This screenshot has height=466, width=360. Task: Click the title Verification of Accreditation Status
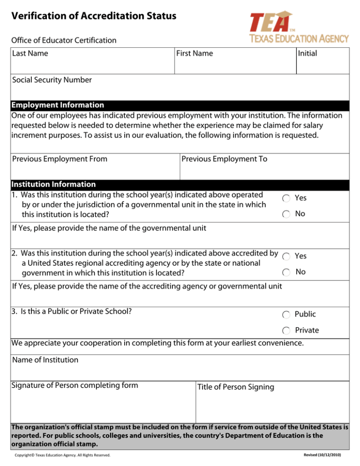pyautogui.click(x=94, y=16)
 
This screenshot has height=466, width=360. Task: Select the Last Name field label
pyautogui.click(x=30, y=53)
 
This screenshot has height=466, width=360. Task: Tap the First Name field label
pyautogui.click(x=195, y=53)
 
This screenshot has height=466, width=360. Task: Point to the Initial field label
pyautogui.click(x=307, y=53)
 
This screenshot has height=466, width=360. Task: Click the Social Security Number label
pyautogui.click(x=52, y=80)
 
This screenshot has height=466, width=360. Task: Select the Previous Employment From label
pyautogui.click(x=60, y=159)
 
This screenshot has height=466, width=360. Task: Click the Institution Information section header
pyautogui.click(x=54, y=184)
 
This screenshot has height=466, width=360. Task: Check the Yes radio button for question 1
pyautogui.click(x=286, y=199)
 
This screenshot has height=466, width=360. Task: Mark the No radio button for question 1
pyautogui.click(x=286, y=214)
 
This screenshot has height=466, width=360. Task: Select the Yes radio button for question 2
pyautogui.click(x=286, y=256)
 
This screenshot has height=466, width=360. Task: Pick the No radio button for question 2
pyautogui.click(x=286, y=272)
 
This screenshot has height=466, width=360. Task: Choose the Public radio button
pyautogui.click(x=286, y=315)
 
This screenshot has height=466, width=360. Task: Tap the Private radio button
pyautogui.click(x=286, y=331)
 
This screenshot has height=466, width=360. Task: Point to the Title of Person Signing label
pyautogui.click(x=236, y=387)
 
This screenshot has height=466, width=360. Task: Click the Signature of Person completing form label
pyautogui.click(x=75, y=385)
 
